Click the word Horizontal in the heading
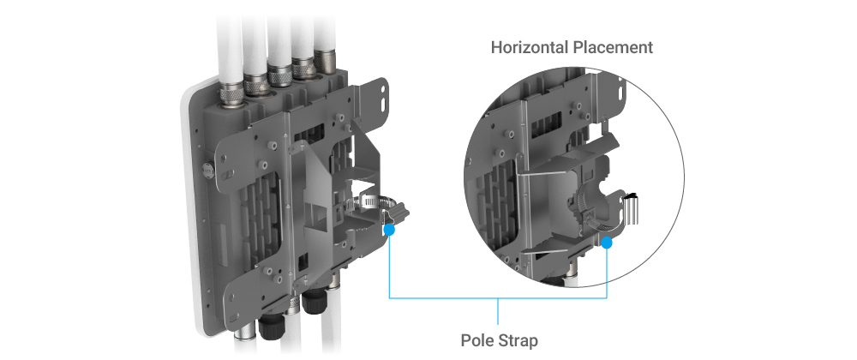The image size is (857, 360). [x=530, y=47]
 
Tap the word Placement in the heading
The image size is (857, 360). [x=613, y=47]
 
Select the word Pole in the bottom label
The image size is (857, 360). [x=476, y=340]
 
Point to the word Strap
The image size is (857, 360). [x=518, y=341]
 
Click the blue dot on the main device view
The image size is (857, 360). [x=389, y=230]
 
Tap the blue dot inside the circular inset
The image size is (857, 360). [x=607, y=243]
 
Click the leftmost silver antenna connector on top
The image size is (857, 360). [x=230, y=96]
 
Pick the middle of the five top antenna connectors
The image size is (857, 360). [x=280, y=75]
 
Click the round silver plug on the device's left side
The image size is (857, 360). [x=207, y=169]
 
